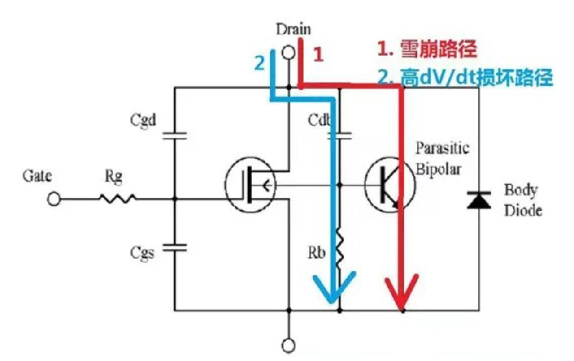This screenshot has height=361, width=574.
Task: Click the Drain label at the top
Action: (x=293, y=30)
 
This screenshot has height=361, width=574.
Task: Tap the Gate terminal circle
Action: (x=54, y=199)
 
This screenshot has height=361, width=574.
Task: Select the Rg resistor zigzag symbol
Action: (x=117, y=199)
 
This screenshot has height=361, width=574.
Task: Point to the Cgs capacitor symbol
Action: (x=174, y=247)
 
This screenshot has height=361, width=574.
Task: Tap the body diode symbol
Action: (x=478, y=200)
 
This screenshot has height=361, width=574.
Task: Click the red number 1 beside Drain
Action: (x=318, y=55)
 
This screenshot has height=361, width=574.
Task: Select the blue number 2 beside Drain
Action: (x=259, y=63)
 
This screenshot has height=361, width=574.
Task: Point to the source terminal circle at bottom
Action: (x=289, y=345)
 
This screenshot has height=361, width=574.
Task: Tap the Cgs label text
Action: (x=143, y=254)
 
